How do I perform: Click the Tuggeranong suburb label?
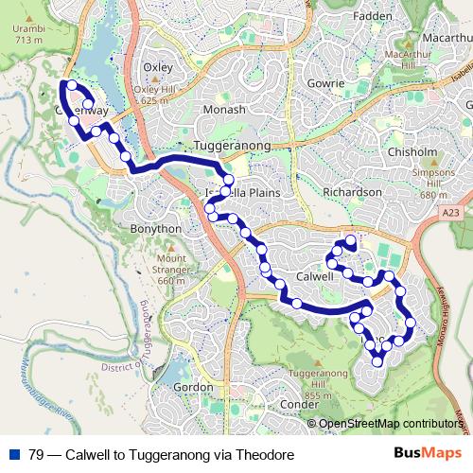pyautogui.click(x=232, y=146)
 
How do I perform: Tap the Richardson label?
pyautogui.click(x=352, y=191)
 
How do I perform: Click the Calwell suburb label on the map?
pyautogui.click(x=313, y=276)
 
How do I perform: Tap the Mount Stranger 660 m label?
pyautogui.click(x=172, y=269)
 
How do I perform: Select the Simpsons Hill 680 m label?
pyautogui.click(x=434, y=184)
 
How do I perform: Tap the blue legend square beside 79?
pyautogui.click(x=13, y=454)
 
